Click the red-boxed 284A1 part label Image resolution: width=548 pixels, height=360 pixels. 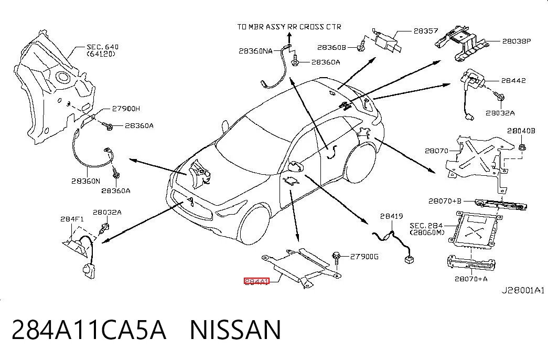256,281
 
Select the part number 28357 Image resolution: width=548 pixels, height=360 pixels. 426,31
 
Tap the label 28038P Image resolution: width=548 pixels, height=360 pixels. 517,41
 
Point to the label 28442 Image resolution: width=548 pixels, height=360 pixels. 513,80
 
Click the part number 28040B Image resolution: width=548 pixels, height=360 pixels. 521,131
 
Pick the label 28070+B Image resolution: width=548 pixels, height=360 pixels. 445,201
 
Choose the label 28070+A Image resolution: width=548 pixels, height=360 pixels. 471,279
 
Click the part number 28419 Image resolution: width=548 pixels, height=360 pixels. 391,217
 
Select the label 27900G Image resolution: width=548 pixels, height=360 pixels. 364,257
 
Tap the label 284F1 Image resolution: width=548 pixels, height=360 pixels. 72,219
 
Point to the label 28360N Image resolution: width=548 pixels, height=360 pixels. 85,181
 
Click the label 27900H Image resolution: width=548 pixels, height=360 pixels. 126,109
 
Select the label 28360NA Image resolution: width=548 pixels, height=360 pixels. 255,51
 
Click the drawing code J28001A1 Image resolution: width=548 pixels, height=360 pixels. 523,290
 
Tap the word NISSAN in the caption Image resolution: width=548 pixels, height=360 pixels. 235,330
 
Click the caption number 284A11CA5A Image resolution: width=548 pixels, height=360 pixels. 89,330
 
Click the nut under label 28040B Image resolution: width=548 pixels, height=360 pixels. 522,147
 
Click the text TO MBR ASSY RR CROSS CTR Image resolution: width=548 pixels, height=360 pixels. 289,27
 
